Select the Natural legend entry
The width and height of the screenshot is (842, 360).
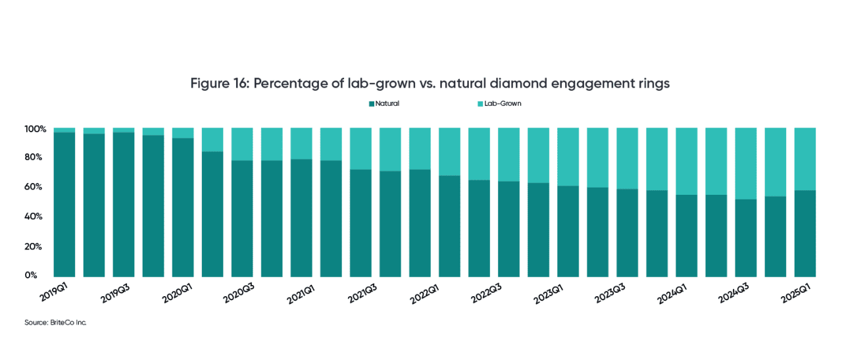click(x=384, y=103)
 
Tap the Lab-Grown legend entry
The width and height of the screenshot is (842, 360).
click(x=499, y=103)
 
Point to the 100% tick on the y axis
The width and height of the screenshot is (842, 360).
click(x=36, y=129)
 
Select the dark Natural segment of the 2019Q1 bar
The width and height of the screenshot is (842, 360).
click(x=64, y=204)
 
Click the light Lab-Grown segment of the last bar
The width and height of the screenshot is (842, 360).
click(x=805, y=159)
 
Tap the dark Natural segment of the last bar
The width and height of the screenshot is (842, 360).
click(x=805, y=234)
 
